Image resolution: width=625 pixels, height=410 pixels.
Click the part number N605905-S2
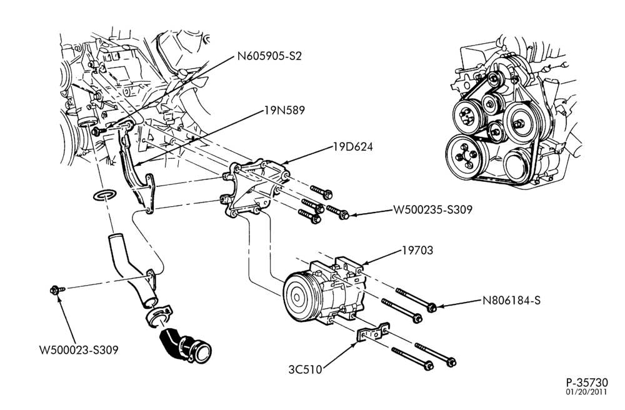pos(269,56)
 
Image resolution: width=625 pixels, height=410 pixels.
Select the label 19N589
pos(284,110)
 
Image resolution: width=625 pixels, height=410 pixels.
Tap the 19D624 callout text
pos(353,147)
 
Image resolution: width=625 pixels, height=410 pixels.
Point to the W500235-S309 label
pos(432,209)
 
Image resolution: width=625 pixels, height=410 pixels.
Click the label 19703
pos(417,250)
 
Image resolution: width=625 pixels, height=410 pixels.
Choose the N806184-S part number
pos(511,300)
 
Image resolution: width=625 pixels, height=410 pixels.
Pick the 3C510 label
pos(305,370)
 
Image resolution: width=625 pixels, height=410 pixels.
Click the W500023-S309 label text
pos(79,350)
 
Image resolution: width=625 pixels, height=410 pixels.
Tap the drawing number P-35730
pos(587,382)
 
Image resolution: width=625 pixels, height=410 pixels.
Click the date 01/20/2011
pos(587,392)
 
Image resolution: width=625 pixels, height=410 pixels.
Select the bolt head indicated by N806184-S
pos(431,307)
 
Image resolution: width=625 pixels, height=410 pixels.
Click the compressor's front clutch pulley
pos(297,295)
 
